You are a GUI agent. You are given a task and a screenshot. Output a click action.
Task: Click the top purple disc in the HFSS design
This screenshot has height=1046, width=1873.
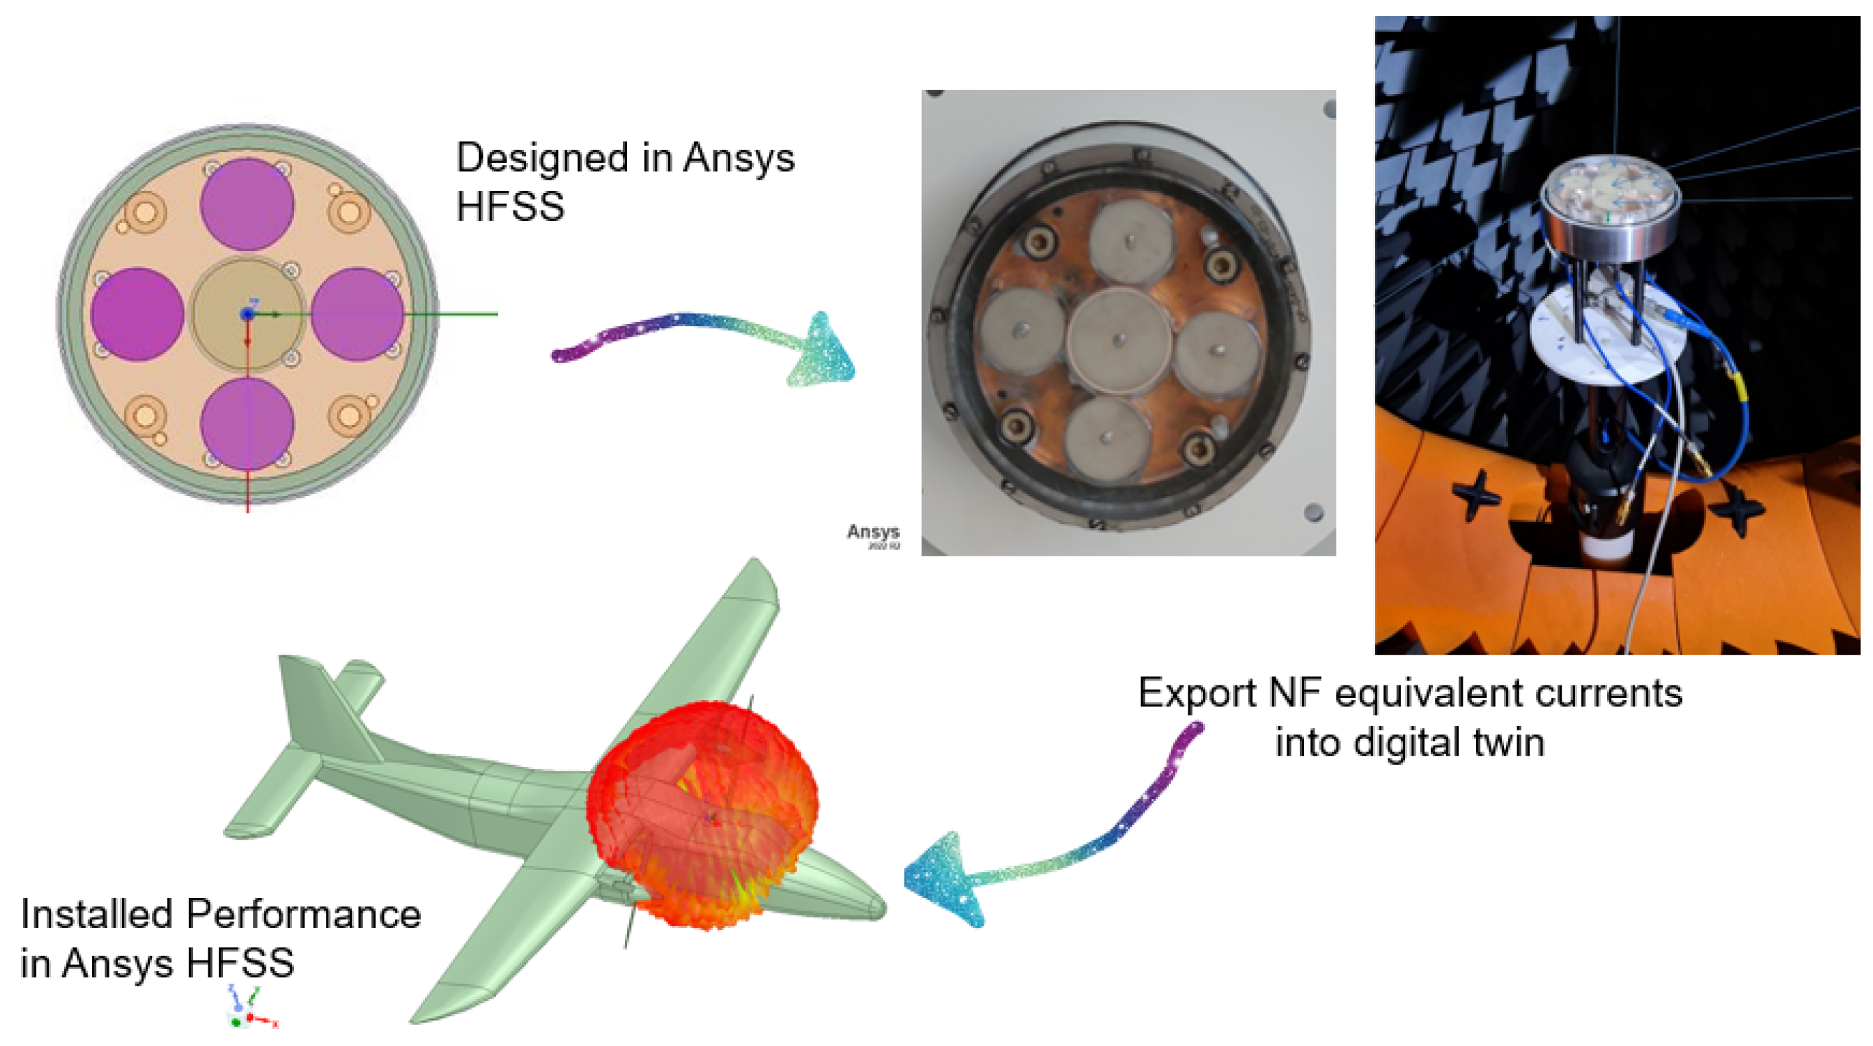(x=247, y=204)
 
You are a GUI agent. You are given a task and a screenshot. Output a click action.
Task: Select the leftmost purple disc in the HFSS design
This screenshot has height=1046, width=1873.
(x=137, y=314)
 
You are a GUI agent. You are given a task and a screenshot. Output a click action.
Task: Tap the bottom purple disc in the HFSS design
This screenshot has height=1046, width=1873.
(x=247, y=423)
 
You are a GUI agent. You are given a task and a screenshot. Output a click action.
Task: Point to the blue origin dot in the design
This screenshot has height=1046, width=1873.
(x=247, y=314)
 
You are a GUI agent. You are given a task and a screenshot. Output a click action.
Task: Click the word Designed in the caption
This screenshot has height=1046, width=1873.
(x=542, y=158)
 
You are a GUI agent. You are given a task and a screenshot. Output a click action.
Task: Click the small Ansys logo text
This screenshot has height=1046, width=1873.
(x=873, y=532)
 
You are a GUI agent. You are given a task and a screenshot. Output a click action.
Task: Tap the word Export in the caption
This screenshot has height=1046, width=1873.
(x=1196, y=692)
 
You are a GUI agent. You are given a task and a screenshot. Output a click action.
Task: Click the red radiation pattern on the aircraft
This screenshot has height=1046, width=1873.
(x=701, y=814)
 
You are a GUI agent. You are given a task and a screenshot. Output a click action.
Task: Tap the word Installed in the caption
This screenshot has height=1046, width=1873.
(x=98, y=913)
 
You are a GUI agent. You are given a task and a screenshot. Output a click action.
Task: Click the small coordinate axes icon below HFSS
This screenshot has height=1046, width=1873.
(x=247, y=1009)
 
